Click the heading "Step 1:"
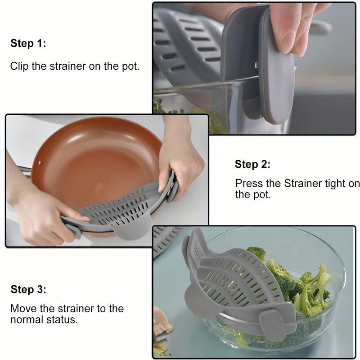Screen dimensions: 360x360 pos(28,44)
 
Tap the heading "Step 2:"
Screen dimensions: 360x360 pos(252,165)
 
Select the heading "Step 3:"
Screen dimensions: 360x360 pos(28,289)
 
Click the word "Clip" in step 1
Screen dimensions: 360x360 pos(19,66)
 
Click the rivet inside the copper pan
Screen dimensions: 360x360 pos(41,162)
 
